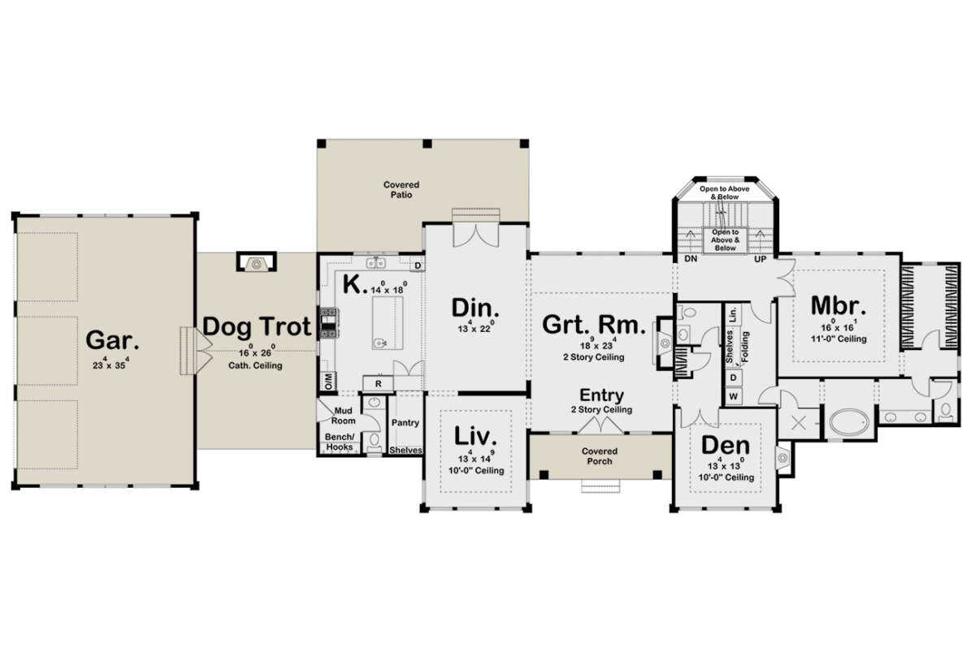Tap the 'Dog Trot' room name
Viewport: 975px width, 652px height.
pyautogui.click(x=257, y=327)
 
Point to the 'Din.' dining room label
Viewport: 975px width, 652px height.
pyautogui.click(x=475, y=309)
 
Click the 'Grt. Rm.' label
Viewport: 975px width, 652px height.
pyautogui.click(x=595, y=326)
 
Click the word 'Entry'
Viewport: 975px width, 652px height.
pyautogui.click(x=601, y=395)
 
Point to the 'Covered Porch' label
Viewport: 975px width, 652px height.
pyautogui.click(x=598, y=456)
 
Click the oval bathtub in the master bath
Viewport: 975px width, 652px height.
pyautogui.click(x=848, y=424)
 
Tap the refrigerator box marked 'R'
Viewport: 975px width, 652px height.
pyautogui.click(x=378, y=383)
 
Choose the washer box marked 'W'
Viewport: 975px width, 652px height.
pyautogui.click(x=734, y=396)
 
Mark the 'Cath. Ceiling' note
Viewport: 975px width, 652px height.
pyautogui.click(x=256, y=365)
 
